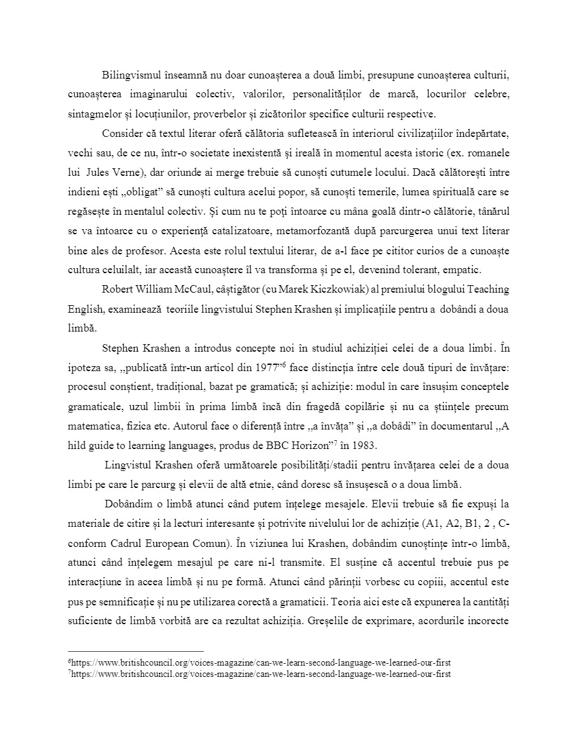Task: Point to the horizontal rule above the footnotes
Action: click(136, 651)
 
